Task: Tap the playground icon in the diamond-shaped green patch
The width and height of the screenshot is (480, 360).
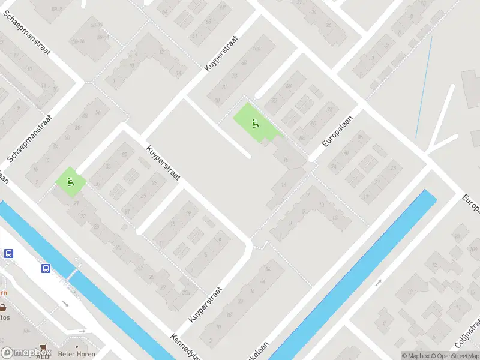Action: [71, 182]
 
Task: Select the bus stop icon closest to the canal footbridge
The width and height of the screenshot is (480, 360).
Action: [46, 268]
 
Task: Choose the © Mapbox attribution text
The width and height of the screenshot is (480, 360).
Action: [416, 355]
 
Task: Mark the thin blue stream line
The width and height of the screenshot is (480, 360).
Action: [424, 78]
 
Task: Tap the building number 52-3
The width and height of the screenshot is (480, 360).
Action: [58, 10]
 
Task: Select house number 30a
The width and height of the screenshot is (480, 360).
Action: [186, 292]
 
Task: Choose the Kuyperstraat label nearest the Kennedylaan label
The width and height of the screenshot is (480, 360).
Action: [205, 305]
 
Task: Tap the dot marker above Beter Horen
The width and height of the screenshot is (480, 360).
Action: [77, 346]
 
